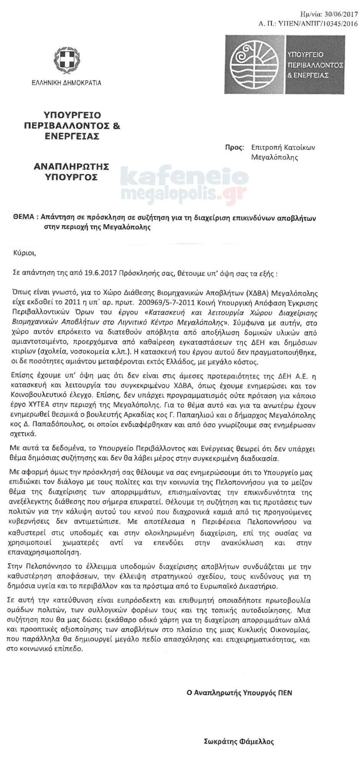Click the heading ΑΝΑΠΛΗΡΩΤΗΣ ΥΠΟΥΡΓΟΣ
click(x=71, y=172)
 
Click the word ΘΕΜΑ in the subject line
click(x=23, y=218)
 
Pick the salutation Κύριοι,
click(x=24, y=253)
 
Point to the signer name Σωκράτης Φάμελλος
click(x=239, y=741)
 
